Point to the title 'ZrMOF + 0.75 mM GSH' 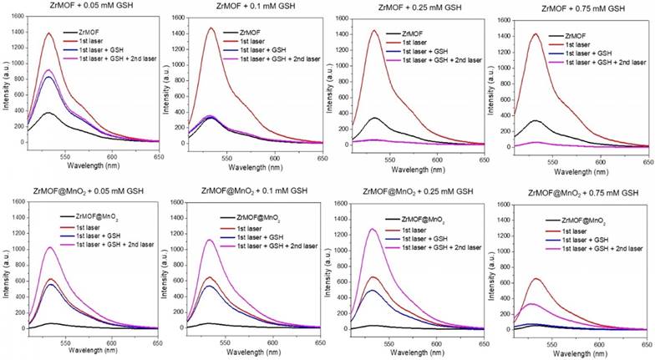(571, 8)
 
